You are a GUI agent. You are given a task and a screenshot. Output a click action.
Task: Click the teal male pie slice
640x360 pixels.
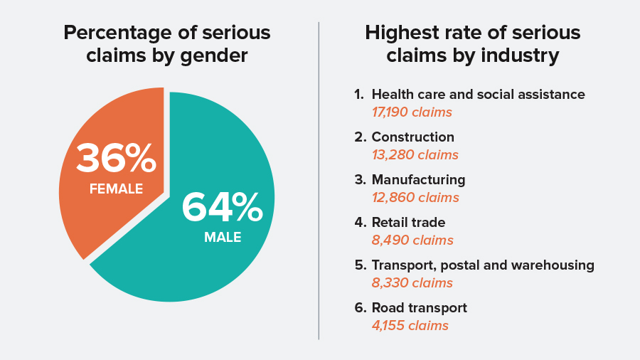click(213, 263)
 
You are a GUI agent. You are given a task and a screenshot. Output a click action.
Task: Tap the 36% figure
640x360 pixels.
click(116, 158)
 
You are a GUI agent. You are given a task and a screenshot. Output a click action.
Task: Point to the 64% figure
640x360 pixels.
click(223, 207)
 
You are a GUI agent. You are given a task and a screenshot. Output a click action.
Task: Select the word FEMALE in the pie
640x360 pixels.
click(116, 189)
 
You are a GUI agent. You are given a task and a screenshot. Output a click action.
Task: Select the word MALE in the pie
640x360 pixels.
click(223, 238)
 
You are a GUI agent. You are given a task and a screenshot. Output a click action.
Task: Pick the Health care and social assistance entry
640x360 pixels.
click(478, 94)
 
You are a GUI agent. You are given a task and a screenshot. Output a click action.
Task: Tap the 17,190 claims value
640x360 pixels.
click(412, 112)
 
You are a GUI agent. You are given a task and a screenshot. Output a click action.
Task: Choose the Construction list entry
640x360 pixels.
click(412, 137)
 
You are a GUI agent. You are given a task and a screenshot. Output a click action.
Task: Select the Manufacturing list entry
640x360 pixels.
click(418, 179)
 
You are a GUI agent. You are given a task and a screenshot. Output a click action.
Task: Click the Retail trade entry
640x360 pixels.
click(408, 222)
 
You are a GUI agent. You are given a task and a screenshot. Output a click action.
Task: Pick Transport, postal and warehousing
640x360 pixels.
click(482, 265)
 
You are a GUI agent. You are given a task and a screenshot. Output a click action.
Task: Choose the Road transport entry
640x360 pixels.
click(419, 307)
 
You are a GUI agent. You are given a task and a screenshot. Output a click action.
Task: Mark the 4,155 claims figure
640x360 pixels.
click(410, 326)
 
